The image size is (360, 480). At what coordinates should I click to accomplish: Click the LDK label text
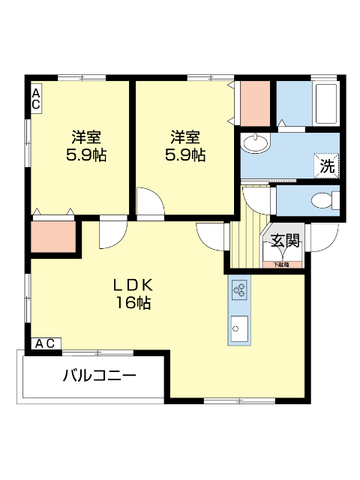(x=133, y=285)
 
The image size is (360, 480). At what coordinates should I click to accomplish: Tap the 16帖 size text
(x=133, y=303)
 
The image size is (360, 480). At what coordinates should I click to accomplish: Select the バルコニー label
(x=99, y=375)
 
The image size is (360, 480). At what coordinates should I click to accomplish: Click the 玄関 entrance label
(x=285, y=241)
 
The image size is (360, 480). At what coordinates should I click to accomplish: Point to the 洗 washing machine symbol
(x=327, y=166)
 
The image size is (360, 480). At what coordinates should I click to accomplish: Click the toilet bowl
(x=324, y=200)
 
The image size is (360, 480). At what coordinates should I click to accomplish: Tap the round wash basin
(x=255, y=142)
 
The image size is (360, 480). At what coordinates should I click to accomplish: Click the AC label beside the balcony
(x=44, y=343)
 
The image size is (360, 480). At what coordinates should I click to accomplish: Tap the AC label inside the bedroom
(x=35, y=99)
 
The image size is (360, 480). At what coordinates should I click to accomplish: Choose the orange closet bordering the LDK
(x=54, y=237)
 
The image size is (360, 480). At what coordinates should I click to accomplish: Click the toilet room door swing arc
(x=259, y=196)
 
